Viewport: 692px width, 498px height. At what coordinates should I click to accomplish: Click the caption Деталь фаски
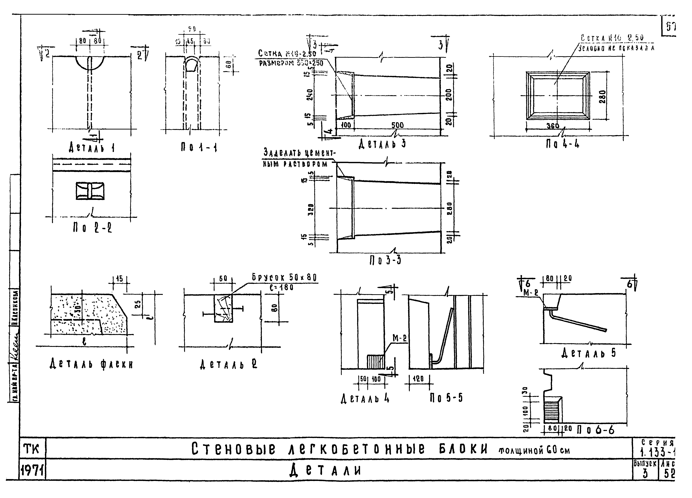[x=92, y=364]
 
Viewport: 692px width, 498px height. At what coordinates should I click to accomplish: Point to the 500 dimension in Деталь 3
[x=397, y=125]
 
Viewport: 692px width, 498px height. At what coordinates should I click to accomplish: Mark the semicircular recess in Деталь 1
[x=90, y=63]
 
